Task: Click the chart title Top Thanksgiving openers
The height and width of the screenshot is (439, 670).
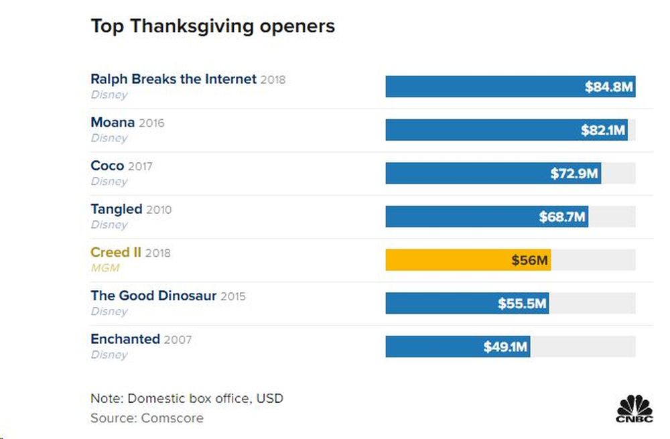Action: point(212,27)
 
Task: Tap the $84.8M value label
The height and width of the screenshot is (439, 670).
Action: point(608,87)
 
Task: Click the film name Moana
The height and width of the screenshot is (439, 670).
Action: point(113,123)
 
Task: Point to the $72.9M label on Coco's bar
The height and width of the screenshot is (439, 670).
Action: point(574,174)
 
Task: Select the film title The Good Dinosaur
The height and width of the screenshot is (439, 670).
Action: point(153,296)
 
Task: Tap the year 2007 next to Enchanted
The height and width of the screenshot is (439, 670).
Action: point(178,340)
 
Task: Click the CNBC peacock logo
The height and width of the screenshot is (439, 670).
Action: point(634,410)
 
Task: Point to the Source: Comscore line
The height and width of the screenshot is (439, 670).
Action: point(147,418)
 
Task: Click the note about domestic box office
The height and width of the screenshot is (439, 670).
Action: point(186,398)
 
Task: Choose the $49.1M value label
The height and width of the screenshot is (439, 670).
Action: point(506,347)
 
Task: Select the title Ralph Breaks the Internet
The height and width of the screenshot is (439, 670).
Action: point(174,79)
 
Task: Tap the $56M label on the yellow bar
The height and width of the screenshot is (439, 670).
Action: point(529,260)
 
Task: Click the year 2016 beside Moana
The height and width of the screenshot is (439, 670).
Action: point(151,123)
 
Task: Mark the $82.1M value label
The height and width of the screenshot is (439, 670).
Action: point(603,130)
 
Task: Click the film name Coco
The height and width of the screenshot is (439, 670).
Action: point(107,166)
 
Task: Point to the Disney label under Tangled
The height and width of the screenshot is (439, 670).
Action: point(109,225)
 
